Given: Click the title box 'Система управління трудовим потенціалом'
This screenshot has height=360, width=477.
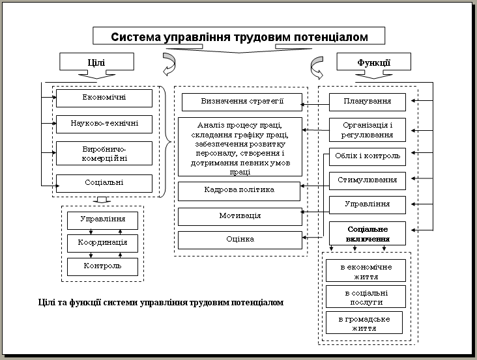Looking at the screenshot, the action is click(x=238, y=36).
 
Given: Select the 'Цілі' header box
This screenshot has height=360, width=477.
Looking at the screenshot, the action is click(x=96, y=62).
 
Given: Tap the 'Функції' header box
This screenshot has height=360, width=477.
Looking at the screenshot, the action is click(x=373, y=62).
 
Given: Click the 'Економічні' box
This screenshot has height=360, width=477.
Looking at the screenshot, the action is click(x=104, y=98).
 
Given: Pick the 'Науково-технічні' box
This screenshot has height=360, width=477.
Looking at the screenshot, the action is click(x=104, y=124).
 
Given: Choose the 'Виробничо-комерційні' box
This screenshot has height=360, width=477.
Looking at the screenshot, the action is click(x=104, y=154).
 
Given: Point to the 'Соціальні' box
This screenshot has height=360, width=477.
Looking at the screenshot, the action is click(x=104, y=183).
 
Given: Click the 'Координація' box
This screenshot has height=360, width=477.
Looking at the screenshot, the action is click(x=102, y=243).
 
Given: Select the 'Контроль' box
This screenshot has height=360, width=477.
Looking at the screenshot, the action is click(x=102, y=267).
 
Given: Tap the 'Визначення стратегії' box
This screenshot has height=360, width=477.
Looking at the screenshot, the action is click(x=242, y=102).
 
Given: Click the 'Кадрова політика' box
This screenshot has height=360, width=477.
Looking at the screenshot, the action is click(x=239, y=191).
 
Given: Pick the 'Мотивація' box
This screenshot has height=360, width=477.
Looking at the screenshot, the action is click(x=240, y=217).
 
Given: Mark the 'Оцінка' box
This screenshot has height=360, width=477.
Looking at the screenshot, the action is click(x=240, y=240).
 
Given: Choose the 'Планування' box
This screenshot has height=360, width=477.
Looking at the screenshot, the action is click(x=368, y=102).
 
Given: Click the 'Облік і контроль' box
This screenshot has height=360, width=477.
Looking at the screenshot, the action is click(x=368, y=157).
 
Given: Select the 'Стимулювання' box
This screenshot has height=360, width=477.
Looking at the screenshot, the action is click(x=368, y=181).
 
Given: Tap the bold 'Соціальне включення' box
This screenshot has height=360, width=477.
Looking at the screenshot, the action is click(x=368, y=233).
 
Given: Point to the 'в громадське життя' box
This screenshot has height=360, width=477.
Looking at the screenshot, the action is click(x=364, y=323).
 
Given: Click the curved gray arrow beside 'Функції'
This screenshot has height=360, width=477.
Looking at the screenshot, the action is click(x=317, y=68).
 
